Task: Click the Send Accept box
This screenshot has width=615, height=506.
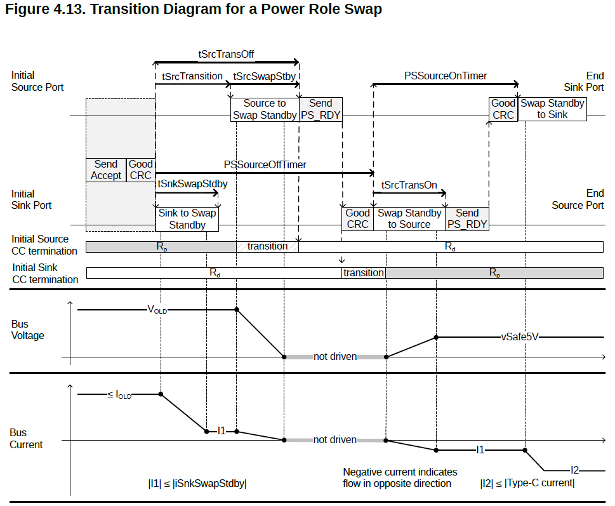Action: tap(106, 170)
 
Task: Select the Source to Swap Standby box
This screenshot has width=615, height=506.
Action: tap(265, 109)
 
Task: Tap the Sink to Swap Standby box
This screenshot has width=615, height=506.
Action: tap(187, 219)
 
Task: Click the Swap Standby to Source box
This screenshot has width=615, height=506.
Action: tap(409, 219)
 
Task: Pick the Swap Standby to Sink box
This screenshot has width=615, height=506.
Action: tap(552, 109)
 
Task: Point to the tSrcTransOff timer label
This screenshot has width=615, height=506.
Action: tap(226, 54)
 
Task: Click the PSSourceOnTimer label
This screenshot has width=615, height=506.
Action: tap(446, 76)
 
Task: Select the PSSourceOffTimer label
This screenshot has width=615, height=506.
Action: tap(265, 164)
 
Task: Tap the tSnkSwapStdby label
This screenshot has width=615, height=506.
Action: tap(192, 183)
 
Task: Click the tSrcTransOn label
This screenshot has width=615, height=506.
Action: tap(409, 185)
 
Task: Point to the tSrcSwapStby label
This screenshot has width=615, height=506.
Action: tap(265, 76)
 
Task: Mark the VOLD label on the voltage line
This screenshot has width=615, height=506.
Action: tap(157, 309)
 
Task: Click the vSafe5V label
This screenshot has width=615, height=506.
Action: tap(520, 337)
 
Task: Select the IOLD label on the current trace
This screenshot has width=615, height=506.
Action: tap(119, 395)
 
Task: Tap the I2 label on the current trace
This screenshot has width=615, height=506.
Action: tap(574, 470)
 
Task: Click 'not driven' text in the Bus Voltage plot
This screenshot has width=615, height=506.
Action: tap(335, 357)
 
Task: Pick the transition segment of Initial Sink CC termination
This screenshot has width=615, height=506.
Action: tap(364, 273)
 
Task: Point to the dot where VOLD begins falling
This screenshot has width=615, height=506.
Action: tap(237, 309)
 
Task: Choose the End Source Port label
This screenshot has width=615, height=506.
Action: tap(578, 199)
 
